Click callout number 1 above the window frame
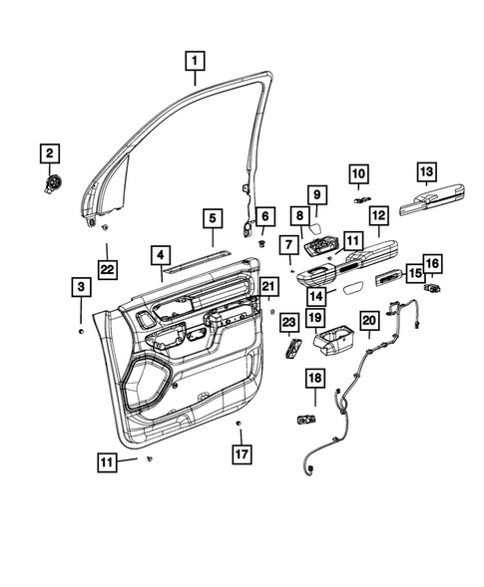195,61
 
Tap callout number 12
378,215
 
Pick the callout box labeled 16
431,263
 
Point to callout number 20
368,321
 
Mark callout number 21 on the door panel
267,288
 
